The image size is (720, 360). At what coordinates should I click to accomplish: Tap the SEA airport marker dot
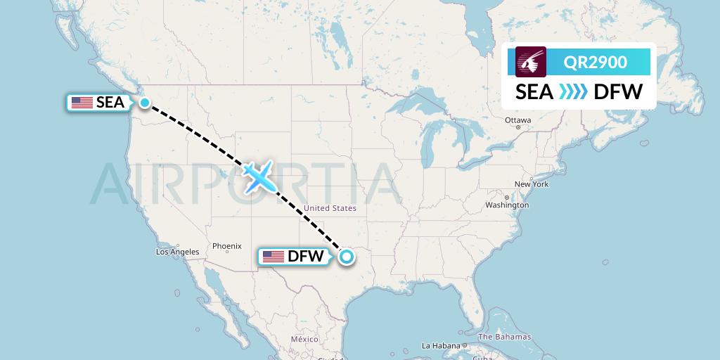(144, 103)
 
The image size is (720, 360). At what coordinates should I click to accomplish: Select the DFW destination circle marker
(346, 257)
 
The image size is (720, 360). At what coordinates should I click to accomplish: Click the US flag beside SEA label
(82, 103)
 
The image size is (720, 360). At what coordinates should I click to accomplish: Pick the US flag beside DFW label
(273, 257)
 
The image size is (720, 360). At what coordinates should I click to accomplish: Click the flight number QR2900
(596, 62)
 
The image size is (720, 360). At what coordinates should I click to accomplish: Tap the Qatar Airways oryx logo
(531, 62)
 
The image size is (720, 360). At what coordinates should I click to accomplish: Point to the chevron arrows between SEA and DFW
(573, 92)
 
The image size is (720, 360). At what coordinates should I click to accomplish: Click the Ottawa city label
(517, 120)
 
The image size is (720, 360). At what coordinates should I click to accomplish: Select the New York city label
(531, 184)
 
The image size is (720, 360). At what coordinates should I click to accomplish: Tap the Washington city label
(506, 205)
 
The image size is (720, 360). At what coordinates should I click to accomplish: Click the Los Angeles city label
(177, 252)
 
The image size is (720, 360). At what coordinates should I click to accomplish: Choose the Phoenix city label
(227, 246)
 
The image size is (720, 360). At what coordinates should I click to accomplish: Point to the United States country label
(330, 208)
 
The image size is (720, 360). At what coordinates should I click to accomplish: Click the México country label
(304, 340)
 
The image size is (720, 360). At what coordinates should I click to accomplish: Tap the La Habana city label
(441, 345)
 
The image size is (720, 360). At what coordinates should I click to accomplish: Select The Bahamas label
(506, 337)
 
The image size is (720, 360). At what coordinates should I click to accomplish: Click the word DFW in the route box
(618, 92)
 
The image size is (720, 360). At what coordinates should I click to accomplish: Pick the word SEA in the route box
(534, 92)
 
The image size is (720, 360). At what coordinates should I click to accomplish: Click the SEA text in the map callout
(110, 103)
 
